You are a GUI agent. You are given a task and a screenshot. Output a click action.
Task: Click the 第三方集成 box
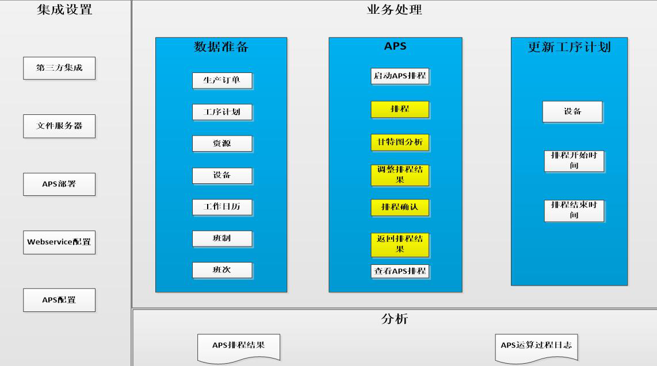pyautogui.click(x=59, y=68)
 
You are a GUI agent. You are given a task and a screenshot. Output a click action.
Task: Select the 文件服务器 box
pyautogui.click(x=59, y=126)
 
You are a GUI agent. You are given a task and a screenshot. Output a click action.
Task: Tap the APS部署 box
pyautogui.click(x=59, y=184)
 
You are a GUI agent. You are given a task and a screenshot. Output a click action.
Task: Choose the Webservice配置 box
pyautogui.click(x=59, y=242)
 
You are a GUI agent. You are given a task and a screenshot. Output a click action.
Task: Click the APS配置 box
pyautogui.click(x=59, y=300)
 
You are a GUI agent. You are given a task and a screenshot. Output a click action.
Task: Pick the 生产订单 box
pyautogui.click(x=222, y=80)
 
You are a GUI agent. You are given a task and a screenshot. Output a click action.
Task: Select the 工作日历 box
pyautogui.click(x=222, y=207)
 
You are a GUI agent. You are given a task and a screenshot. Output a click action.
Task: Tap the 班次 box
pyautogui.click(x=222, y=270)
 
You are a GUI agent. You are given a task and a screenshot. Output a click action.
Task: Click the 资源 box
pyautogui.click(x=222, y=144)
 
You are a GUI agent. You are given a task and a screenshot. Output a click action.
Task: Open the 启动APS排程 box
pyautogui.click(x=400, y=76)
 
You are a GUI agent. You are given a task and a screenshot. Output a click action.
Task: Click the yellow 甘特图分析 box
pyautogui.click(x=400, y=142)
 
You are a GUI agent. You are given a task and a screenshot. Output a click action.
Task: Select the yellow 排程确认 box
pyautogui.click(x=400, y=207)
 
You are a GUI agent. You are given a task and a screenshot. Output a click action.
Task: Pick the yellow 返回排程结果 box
pyautogui.click(x=400, y=245)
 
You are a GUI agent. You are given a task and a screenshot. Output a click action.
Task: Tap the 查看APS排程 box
pyautogui.click(x=400, y=271)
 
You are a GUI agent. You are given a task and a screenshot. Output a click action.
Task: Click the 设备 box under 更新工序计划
pyautogui.click(x=572, y=111)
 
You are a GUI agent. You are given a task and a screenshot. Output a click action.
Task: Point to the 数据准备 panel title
pyautogui.click(x=221, y=47)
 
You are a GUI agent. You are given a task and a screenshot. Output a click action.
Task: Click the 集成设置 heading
pyautogui.click(x=64, y=9)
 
